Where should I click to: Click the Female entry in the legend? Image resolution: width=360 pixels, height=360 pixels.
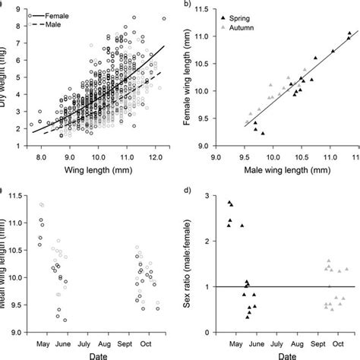[59, 15]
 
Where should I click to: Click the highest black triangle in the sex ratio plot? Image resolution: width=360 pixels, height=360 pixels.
[229, 203]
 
